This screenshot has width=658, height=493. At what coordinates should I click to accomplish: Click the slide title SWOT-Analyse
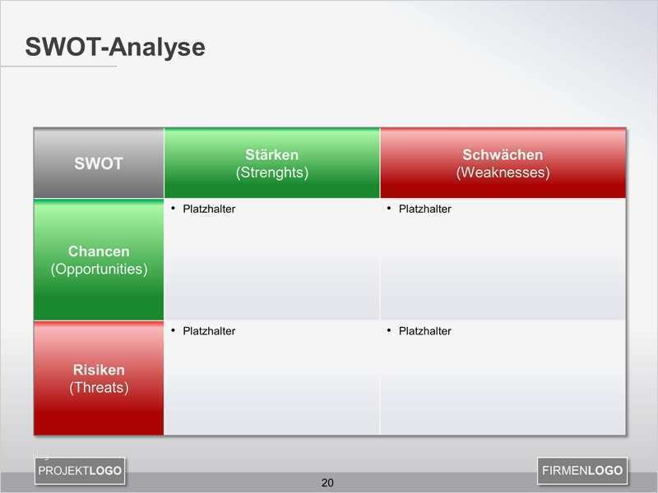tap(114, 48)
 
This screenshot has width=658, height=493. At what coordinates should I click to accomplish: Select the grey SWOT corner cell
tap(99, 164)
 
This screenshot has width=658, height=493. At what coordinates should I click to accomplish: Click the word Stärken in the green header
tap(271, 154)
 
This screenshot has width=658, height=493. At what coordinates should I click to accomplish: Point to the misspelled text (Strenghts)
tap(271, 173)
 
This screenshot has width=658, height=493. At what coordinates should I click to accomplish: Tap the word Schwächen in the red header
tap(503, 154)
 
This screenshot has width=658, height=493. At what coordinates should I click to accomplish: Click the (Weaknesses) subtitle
tap(503, 173)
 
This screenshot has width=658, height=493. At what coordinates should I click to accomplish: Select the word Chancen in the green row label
tap(99, 251)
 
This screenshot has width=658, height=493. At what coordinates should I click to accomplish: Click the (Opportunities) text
tap(99, 269)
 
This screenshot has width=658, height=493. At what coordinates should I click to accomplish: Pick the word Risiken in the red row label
tap(99, 370)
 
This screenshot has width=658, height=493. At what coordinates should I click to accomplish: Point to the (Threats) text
tap(99, 387)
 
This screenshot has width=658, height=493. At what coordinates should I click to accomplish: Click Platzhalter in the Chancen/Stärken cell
tap(209, 209)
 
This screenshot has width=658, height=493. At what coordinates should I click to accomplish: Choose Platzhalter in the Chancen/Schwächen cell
tap(424, 209)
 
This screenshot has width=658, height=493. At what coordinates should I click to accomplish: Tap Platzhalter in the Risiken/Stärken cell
tap(209, 331)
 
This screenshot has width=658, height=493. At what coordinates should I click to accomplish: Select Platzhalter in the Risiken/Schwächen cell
tap(424, 331)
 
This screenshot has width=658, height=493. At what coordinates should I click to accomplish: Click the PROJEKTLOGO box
tap(80, 471)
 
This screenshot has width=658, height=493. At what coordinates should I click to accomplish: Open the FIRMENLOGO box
tap(582, 471)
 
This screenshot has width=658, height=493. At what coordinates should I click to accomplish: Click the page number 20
tap(327, 482)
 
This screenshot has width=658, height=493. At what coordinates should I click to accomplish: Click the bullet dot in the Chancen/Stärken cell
tap(174, 208)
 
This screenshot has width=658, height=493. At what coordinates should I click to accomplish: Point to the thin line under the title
tap(58, 66)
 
